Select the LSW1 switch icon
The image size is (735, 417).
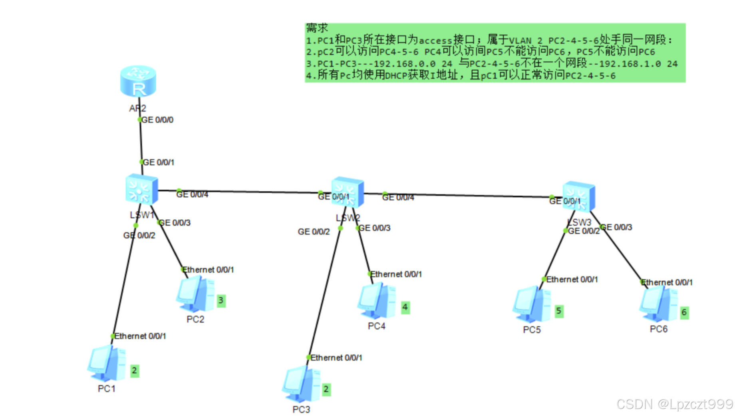point(141,189)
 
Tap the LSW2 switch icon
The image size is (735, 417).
point(348,192)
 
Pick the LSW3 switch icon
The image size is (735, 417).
point(579,197)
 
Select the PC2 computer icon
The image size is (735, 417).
point(196,294)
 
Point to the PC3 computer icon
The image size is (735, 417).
point(302,384)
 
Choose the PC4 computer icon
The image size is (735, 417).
point(377,302)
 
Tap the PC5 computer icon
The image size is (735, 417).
point(532,304)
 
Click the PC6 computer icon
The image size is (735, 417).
point(659,304)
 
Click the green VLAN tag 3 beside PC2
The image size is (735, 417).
point(221,300)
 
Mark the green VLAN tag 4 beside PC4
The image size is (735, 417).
point(405,307)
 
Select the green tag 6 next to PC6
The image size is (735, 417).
point(684,312)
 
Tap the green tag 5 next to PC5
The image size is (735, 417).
point(559,311)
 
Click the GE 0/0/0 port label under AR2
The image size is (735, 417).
point(157,120)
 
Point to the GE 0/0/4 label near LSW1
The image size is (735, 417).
point(192,195)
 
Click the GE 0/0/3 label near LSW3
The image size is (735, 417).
point(617,227)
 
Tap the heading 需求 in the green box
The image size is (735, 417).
point(317,28)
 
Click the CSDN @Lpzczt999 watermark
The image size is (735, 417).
point(675,404)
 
